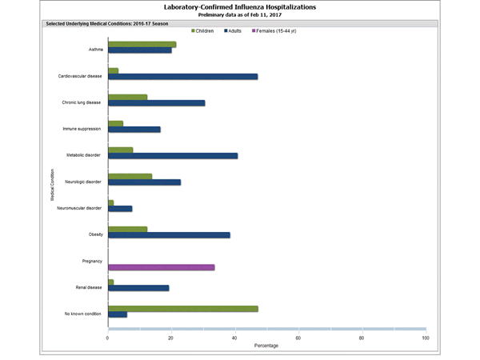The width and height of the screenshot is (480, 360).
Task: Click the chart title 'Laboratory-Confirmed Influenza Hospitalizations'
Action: pos(239,7)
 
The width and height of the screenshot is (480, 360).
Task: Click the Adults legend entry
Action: pos(242,30)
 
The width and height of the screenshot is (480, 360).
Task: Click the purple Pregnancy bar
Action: pos(161,267)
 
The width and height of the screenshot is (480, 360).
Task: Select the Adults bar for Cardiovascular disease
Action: pos(182,77)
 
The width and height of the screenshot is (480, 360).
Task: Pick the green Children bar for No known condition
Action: pos(182,308)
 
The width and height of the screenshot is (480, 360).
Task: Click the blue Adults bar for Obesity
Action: pos(169,235)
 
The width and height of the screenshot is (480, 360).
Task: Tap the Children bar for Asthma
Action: pos(142,44)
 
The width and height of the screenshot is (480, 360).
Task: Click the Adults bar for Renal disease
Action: pos(138,288)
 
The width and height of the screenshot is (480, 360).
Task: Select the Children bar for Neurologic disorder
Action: pos(130,176)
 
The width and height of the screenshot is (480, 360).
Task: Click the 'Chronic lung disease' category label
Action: pos(82,102)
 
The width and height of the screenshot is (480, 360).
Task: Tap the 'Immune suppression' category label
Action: pos(82,129)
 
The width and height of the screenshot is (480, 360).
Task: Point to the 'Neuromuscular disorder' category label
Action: pos(81,208)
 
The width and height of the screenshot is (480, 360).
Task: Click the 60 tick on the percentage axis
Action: pos(298,338)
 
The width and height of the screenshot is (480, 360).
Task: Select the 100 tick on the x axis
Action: pos(425,338)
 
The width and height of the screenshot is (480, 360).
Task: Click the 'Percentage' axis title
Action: pos(266,346)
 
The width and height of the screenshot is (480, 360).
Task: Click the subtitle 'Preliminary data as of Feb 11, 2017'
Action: pos(239,15)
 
